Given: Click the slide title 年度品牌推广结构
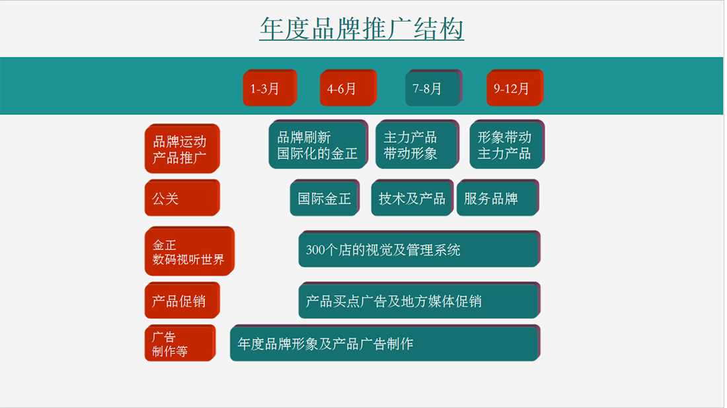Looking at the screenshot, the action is (x=362, y=28).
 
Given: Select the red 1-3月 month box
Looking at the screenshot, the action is (x=270, y=88).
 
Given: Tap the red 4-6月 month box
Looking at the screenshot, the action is (x=348, y=88).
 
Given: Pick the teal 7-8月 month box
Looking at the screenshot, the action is (x=434, y=88).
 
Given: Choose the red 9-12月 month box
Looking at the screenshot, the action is (x=515, y=88).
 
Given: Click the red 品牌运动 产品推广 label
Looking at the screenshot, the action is (x=182, y=149).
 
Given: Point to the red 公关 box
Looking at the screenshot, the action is (x=182, y=198).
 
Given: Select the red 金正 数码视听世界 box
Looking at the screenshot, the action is (x=190, y=251).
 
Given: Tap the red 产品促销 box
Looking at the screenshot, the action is (x=182, y=300).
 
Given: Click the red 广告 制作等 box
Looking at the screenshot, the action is (x=180, y=343).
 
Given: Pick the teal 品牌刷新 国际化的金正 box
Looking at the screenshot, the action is (x=319, y=144).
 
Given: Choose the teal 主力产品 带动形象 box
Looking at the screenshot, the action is (x=417, y=144).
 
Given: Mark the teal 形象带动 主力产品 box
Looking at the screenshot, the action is (x=507, y=144).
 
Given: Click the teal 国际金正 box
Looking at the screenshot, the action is (x=325, y=198).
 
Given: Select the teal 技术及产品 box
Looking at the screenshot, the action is (x=412, y=198).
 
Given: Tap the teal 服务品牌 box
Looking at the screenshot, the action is (x=498, y=198).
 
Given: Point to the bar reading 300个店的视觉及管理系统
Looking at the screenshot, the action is (x=420, y=249).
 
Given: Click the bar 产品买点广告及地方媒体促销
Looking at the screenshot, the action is (x=420, y=300).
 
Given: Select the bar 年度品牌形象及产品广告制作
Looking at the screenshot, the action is (x=385, y=343).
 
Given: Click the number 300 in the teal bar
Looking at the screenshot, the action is (x=315, y=250).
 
